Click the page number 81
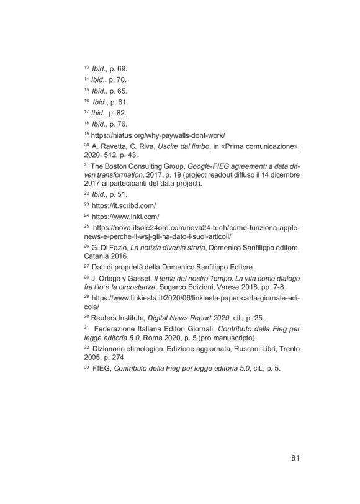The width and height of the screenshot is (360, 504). tap(295, 459)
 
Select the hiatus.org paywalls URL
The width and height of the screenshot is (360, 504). tap(158, 135)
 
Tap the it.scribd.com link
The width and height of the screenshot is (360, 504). tap(124, 205)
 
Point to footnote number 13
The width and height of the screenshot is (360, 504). tap(86, 67)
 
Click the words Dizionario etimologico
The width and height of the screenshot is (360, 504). tap(131, 349)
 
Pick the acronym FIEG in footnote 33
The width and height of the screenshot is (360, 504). tap(102, 369)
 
